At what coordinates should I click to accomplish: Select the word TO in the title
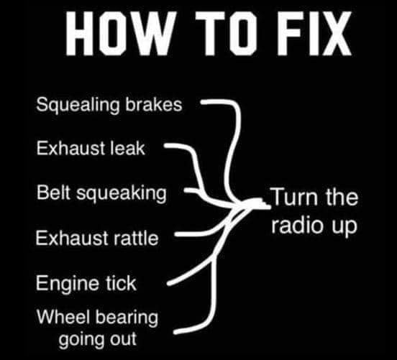pos(226,33)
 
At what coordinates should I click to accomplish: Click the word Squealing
pos(78,105)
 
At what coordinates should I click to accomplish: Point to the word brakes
pos(154,104)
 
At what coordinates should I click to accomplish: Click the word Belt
pos(53,193)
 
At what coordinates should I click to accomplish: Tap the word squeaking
pos(122,193)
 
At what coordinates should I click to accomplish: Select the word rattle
pos(136,238)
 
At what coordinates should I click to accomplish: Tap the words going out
pos(98,340)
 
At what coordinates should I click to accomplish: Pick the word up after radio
pos(345,226)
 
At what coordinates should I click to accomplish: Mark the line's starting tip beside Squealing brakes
pos(202,102)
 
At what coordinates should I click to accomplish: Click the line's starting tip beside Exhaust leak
pos(165,146)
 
